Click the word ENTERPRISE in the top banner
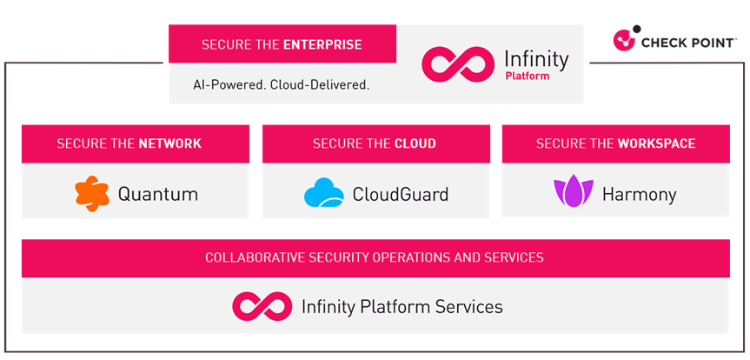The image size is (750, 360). click(x=322, y=45)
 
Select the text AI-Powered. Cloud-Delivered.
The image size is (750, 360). click(x=282, y=85)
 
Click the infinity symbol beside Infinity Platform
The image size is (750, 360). click(x=457, y=64)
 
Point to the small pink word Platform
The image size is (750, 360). click(x=528, y=77)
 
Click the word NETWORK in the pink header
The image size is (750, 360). click(x=170, y=143)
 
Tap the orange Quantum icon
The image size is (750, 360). click(x=92, y=194)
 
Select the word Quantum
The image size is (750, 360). click(x=158, y=195)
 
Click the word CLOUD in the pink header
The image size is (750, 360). click(x=415, y=143)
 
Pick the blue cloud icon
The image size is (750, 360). click(x=324, y=192)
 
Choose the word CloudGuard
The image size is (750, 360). click(x=401, y=195)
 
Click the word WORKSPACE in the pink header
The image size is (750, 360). click(x=656, y=143)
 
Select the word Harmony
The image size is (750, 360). click(x=640, y=195)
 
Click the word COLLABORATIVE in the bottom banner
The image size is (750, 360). click(x=255, y=257)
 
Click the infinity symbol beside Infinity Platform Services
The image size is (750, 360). click(x=262, y=306)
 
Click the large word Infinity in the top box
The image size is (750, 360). click(x=537, y=59)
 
